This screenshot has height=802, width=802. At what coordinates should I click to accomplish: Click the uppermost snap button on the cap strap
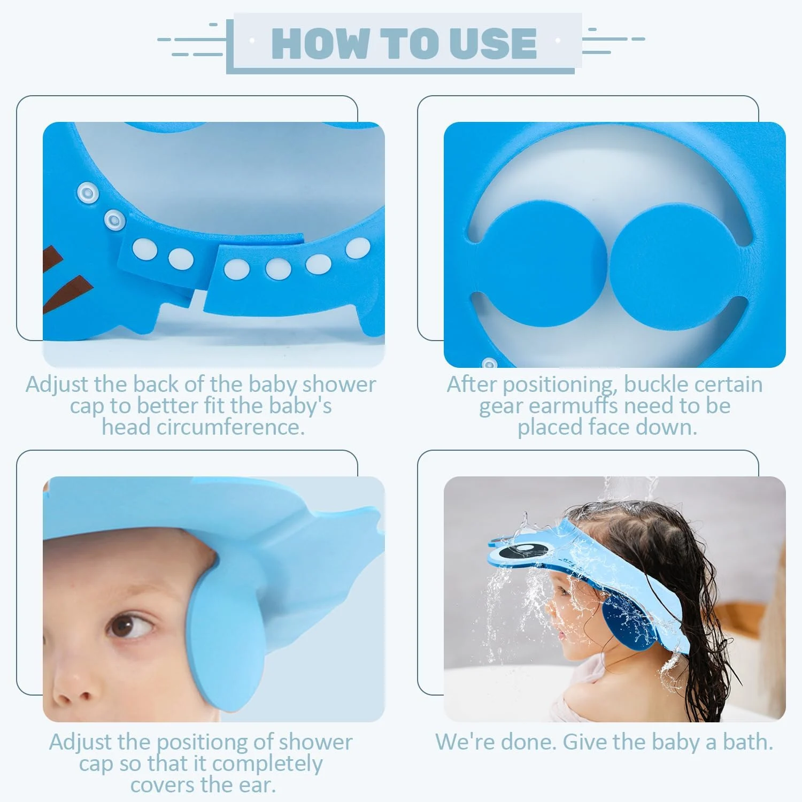(x=86, y=191)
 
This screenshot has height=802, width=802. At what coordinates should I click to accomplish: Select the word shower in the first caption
(x=339, y=385)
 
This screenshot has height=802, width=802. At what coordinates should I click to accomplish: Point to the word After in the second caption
(x=472, y=384)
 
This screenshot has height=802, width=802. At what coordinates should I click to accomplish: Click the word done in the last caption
(x=527, y=742)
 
